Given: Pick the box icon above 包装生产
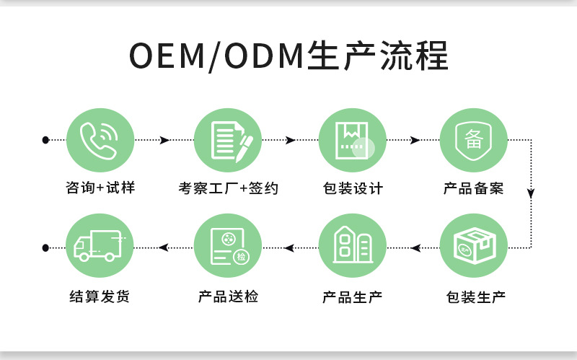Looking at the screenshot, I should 473,247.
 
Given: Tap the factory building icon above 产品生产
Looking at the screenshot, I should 352,247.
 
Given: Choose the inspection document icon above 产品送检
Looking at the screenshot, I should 228,247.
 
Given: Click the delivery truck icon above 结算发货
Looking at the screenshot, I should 100,247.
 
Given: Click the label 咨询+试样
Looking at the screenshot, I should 100,188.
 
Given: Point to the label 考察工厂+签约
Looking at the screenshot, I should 228,188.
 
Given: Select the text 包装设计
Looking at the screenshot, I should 352,188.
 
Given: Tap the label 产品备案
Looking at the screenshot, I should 473,188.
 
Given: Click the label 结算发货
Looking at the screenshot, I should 100,297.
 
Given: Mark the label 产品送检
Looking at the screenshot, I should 228,297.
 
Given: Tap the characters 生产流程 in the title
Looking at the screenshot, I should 377,56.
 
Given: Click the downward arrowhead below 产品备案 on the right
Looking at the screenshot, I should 531,193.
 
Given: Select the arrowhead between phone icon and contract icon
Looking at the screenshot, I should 165,139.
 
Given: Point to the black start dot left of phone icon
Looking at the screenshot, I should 45,139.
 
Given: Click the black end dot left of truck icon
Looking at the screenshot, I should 45,247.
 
